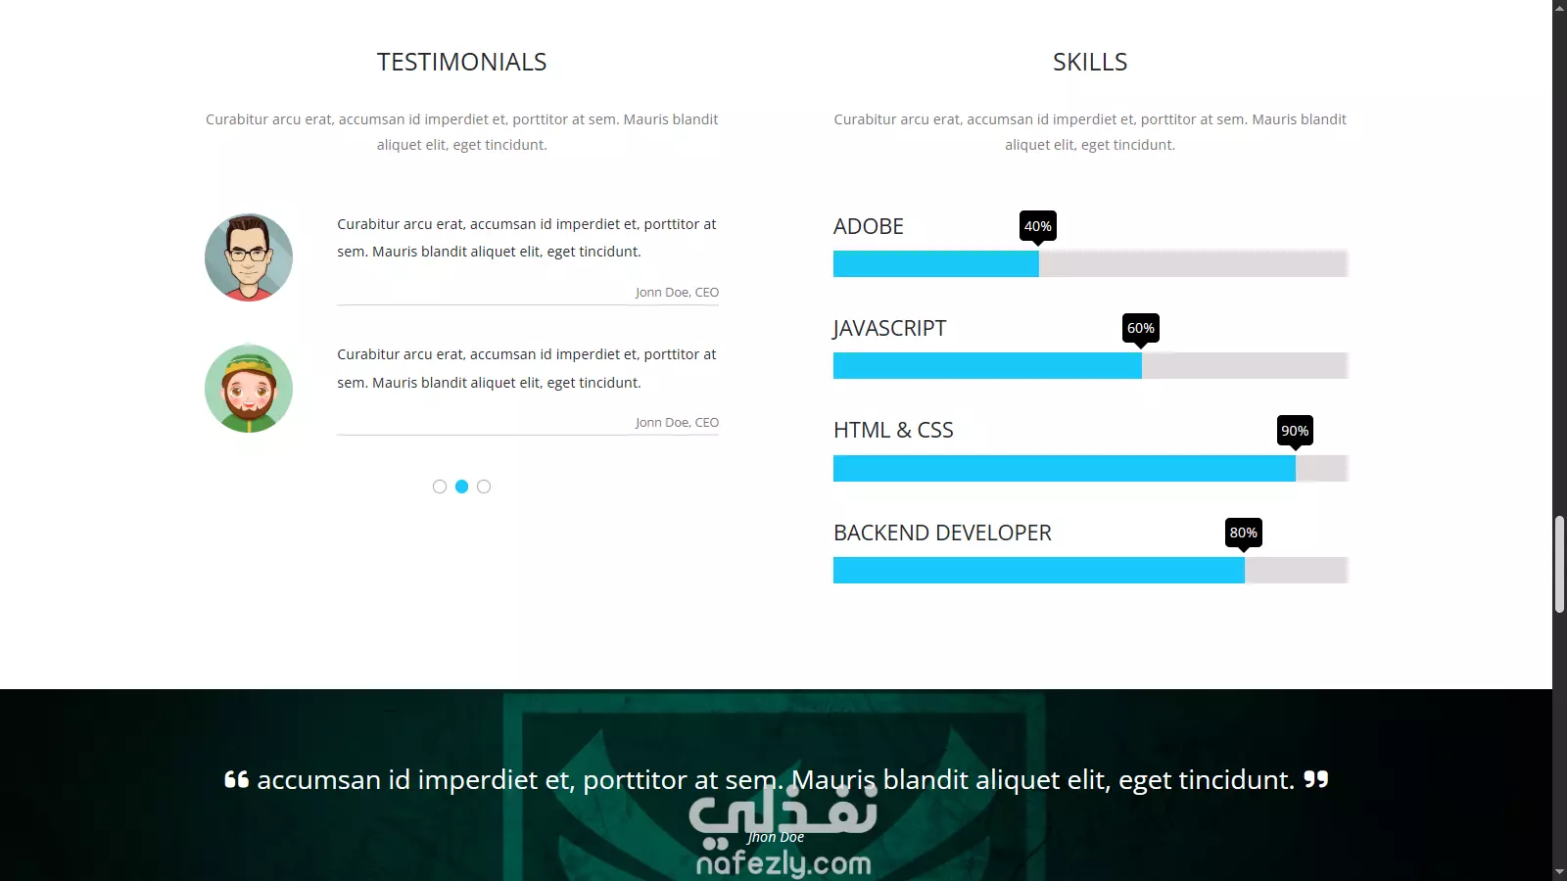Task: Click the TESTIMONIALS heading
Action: tap(461, 62)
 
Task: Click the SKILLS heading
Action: tap(1090, 62)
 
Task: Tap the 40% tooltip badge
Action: tap(1037, 226)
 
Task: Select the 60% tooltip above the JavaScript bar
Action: tap(1140, 329)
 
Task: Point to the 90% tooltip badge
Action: tap(1295, 431)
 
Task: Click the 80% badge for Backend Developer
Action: tap(1243, 533)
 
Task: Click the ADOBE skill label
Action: tap(868, 226)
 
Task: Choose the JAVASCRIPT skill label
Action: tap(889, 328)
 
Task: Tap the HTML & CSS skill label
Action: tap(893, 430)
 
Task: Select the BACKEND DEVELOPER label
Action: tap(942, 533)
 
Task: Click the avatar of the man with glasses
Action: tap(249, 257)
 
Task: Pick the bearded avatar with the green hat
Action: tap(249, 388)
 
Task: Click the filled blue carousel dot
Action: tap(461, 487)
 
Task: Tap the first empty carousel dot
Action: tap(440, 487)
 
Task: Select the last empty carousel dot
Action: tap(484, 487)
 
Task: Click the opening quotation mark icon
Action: tap(236, 779)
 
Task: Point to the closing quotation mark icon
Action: tap(1316, 779)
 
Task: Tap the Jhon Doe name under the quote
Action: tap(775, 837)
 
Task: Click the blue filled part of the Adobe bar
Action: tap(936, 263)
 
